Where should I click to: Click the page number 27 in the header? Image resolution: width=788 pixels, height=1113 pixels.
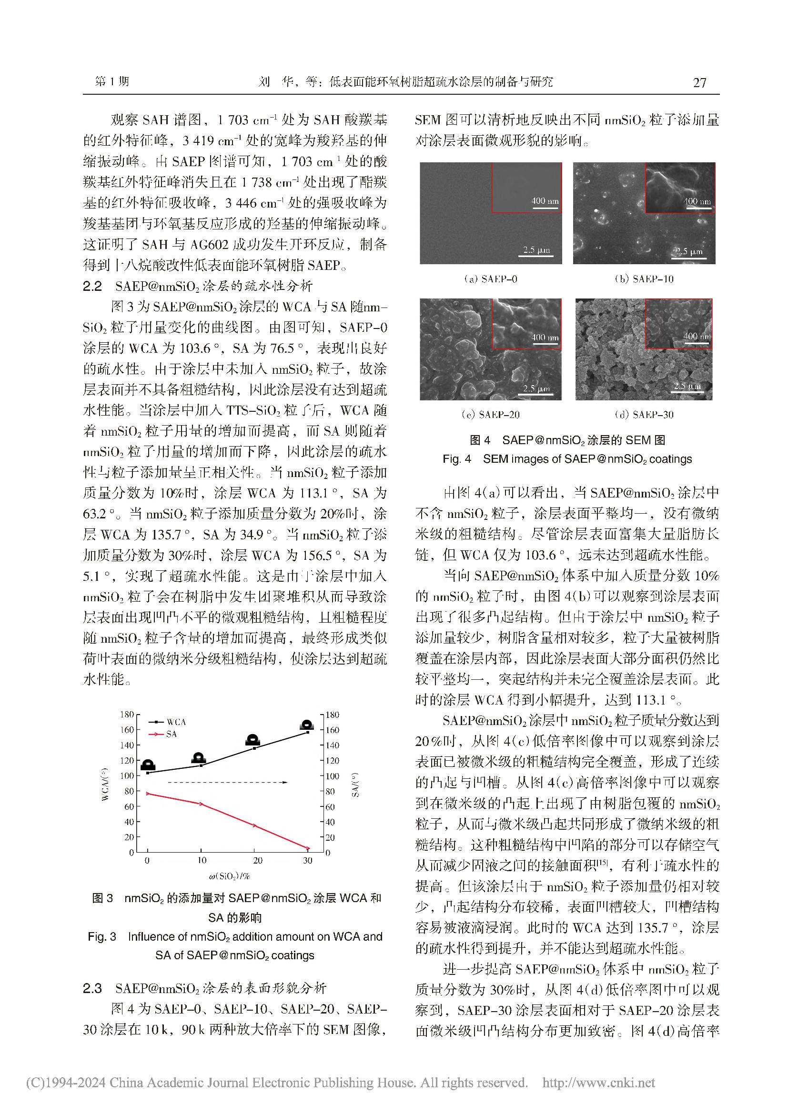click(x=699, y=82)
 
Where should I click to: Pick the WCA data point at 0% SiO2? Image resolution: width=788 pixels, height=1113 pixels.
click(x=148, y=773)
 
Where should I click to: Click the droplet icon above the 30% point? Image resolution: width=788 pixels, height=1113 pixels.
click(x=307, y=725)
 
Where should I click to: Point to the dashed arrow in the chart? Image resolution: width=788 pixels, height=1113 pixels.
click(x=228, y=782)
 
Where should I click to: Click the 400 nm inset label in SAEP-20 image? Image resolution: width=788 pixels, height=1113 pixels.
click(x=545, y=338)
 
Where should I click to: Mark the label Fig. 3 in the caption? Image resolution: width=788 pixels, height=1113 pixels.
click(x=102, y=936)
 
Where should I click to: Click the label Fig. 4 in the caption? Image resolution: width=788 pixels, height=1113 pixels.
click(x=456, y=458)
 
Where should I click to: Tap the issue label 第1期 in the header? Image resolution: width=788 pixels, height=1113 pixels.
click(x=112, y=81)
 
